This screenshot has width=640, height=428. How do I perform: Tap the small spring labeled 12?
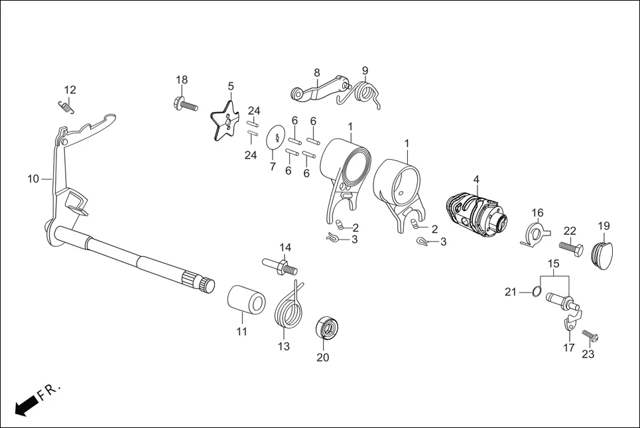point(66,106)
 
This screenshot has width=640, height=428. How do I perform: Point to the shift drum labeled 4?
point(476,216)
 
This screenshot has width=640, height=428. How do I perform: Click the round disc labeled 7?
point(275,137)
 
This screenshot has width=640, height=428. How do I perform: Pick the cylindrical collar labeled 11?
point(246,300)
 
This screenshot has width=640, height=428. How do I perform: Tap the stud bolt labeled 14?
point(280,265)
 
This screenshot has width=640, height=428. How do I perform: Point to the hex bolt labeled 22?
point(571,248)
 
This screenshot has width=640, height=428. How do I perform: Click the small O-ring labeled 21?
point(537,291)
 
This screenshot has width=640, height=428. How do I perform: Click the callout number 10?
point(33,179)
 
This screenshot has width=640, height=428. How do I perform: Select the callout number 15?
point(554,263)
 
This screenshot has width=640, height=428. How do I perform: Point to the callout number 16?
point(538,213)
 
